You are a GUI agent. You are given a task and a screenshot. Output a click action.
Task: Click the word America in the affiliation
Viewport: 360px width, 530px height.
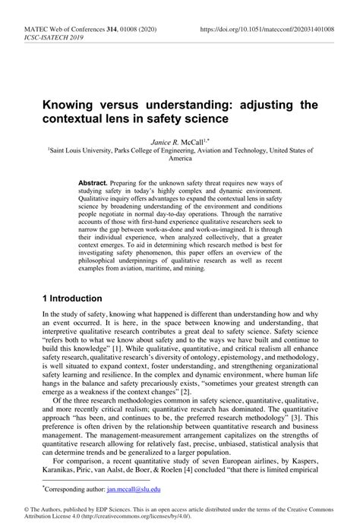click(x=180, y=161)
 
